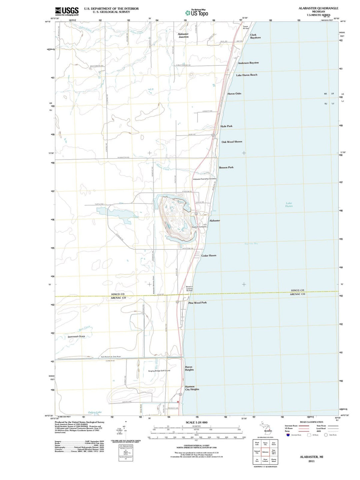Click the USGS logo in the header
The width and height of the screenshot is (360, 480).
coord(67,11)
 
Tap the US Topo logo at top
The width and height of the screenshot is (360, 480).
coord(197,13)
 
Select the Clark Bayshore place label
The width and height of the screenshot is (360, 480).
coord(255,36)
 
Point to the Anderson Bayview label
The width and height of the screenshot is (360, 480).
coord(248,63)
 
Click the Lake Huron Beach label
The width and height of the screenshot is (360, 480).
coord(247,75)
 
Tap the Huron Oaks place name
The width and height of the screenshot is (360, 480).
coord(234,94)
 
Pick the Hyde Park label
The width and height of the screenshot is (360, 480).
coord(226,126)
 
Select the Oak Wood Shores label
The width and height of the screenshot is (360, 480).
coord(232,142)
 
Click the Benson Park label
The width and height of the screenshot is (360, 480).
coord(226,167)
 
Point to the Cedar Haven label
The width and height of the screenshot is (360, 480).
coord(209,256)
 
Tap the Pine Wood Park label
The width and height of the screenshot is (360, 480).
coord(197,303)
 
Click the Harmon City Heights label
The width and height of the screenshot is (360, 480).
coord(192,388)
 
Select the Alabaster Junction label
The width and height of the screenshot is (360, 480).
coord(183,35)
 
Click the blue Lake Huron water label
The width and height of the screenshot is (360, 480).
coord(289,204)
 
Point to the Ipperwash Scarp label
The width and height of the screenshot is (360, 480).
coord(76,337)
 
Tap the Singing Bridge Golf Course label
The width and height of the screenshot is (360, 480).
coord(159,371)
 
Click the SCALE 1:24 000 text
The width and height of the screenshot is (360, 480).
coord(196,422)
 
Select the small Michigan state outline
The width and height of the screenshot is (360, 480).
coord(265,427)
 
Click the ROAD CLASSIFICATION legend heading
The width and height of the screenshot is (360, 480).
coord(311,422)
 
